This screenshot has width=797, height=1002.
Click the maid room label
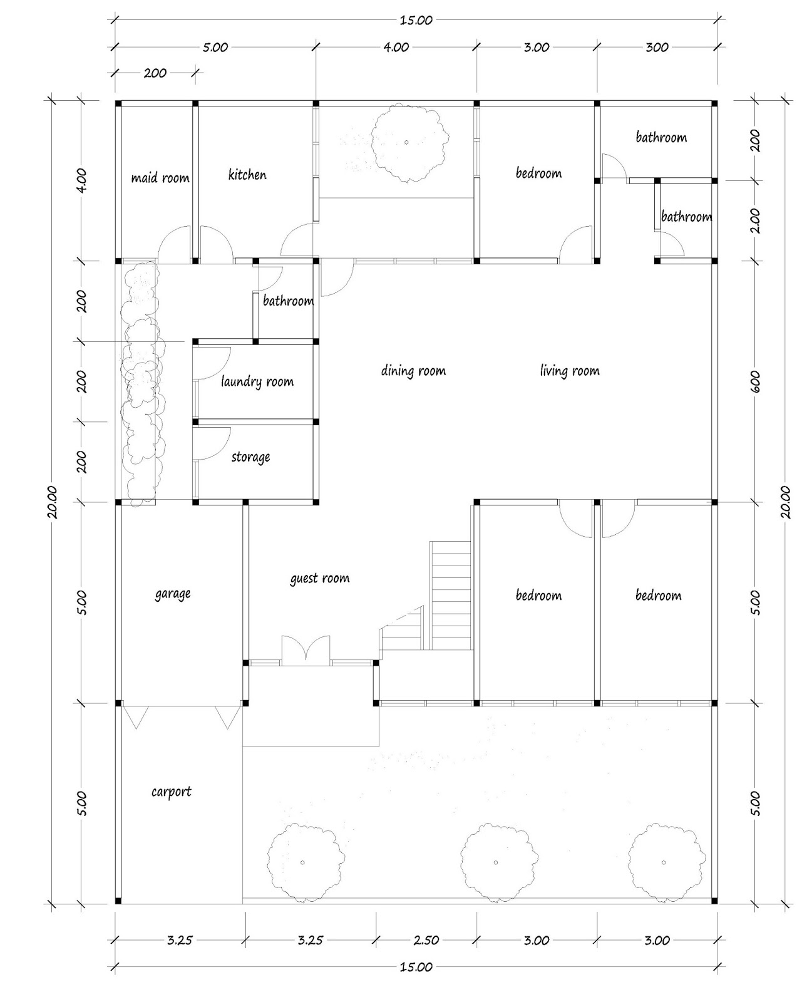click(x=160, y=178)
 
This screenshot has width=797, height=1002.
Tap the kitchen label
click(x=247, y=175)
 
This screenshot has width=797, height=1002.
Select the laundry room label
click(x=257, y=381)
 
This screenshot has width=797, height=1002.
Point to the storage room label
click(x=250, y=457)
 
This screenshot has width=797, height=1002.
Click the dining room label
click(x=413, y=371)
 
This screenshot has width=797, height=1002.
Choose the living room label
click(x=569, y=371)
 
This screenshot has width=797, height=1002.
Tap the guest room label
click(x=319, y=578)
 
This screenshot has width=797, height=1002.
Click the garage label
click(x=173, y=593)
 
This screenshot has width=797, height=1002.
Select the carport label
click(x=171, y=791)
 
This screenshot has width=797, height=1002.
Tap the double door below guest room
click(x=306, y=650)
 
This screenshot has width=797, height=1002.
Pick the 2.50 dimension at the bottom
click(x=426, y=940)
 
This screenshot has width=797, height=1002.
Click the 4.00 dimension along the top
click(x=396, y=47)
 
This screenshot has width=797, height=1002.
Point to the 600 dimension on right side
click(x=754, y=381)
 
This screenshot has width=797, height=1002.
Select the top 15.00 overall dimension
click(x=416, y=20)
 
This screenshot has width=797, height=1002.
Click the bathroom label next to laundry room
click(x=288, y=301)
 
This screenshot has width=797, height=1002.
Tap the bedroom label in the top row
click(x=538, y=173)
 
